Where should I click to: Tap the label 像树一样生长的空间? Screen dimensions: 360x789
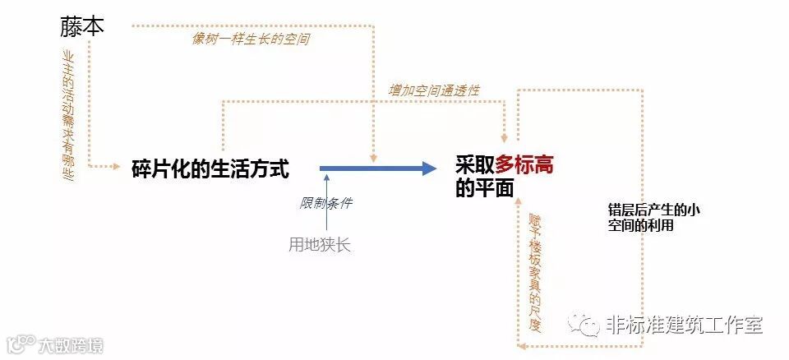pyautogui.click(x=246, y=38)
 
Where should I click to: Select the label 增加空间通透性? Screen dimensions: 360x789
pyautogui.click(x=434, y=90)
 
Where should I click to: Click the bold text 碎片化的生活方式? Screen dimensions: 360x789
pyautogui.click(x=210, y=169)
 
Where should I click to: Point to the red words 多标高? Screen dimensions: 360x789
pyautogui.click(x=524, y=164)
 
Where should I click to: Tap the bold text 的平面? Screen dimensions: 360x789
pyautogui.click(x=484, y=188)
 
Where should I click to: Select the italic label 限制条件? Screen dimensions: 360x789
pyautogui.click(x=325, y=203)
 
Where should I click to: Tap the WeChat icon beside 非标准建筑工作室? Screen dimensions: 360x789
pyautogui.click(x=587, y=325)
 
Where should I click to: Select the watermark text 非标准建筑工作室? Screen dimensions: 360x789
pyautogui.click(x=683, y=325)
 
